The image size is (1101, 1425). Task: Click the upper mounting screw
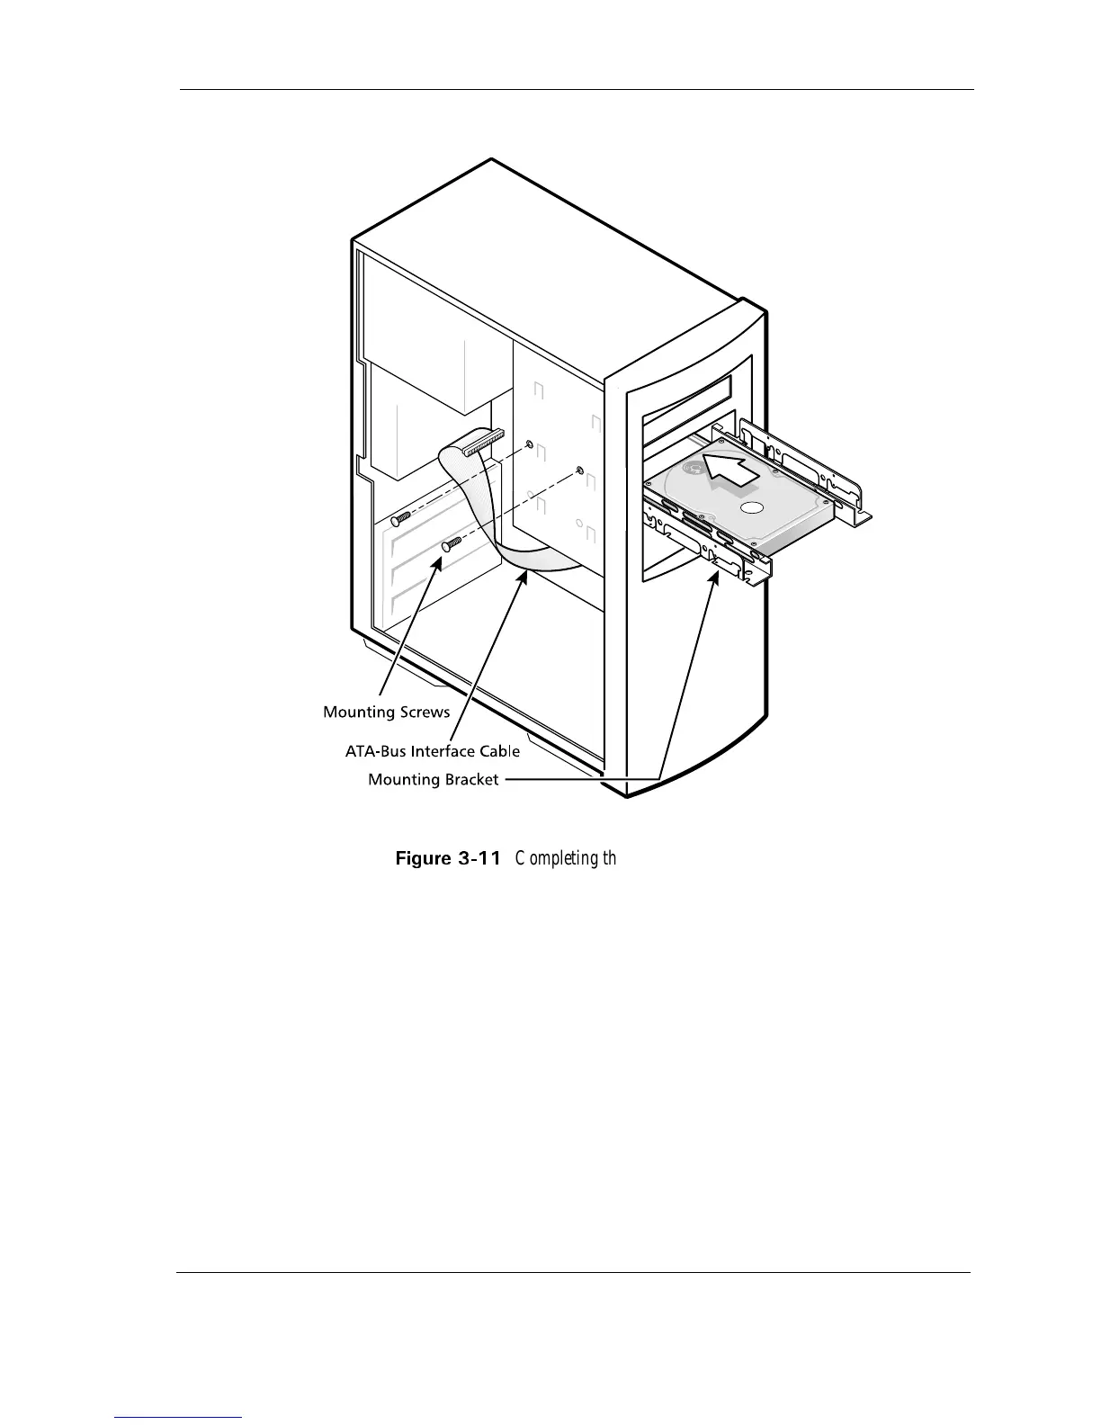(402, 516)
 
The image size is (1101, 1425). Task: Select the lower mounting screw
(452, 543)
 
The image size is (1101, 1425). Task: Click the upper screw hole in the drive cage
(529, 444)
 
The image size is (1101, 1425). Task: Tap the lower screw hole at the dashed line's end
(579, 471)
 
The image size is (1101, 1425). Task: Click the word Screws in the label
(423, 712)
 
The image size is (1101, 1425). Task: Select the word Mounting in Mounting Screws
(358, 712)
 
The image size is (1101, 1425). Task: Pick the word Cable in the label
(500, 750)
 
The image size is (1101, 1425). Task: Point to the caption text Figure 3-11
(448, 858)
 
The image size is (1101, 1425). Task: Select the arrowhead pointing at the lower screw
(440, 562)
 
